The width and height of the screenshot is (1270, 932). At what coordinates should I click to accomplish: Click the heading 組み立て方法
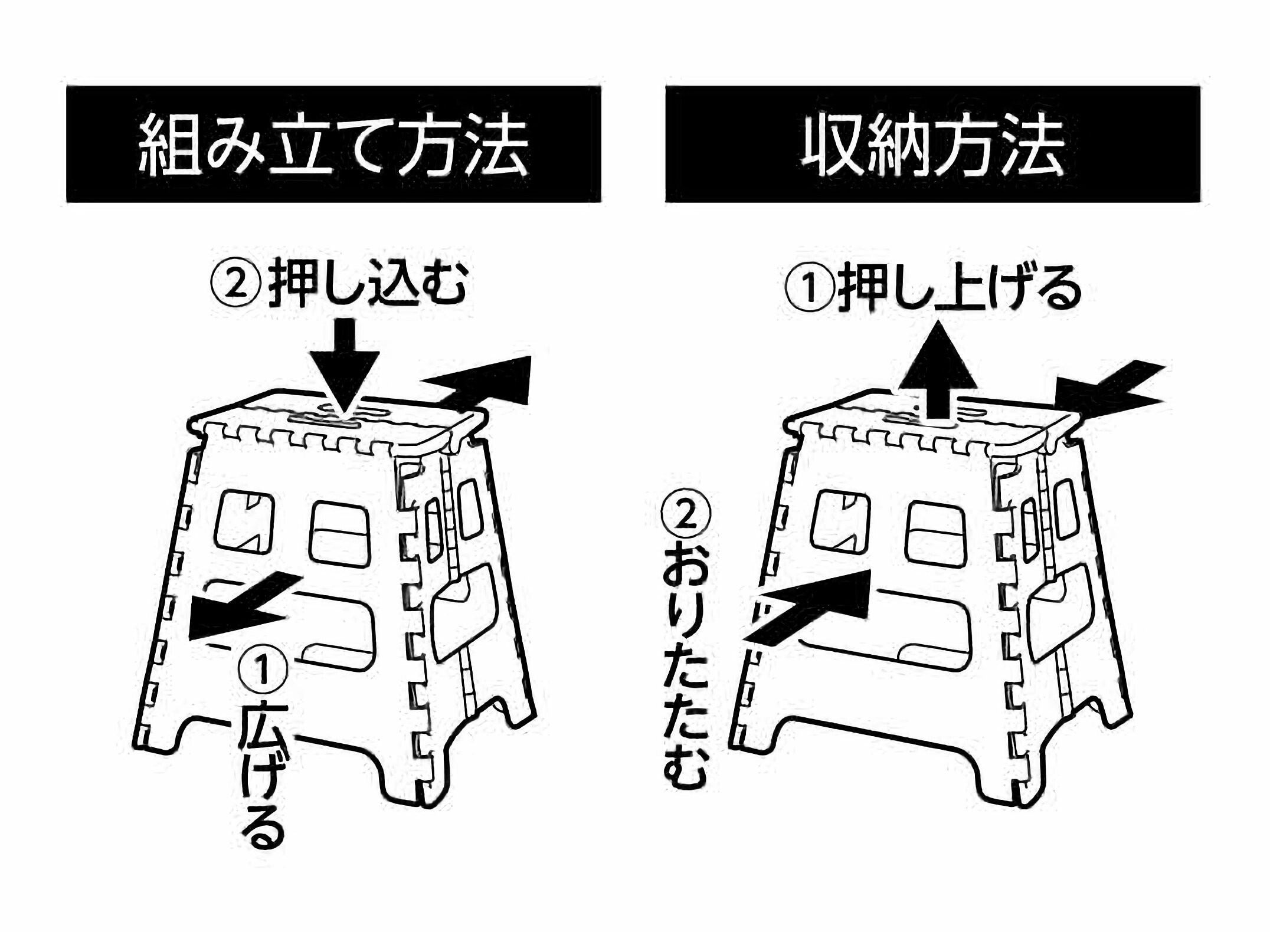click(x=333, y=145)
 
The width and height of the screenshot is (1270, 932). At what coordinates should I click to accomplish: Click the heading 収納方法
click(x=932, y=145)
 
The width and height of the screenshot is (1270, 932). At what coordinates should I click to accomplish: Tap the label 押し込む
click(x=368, y=285)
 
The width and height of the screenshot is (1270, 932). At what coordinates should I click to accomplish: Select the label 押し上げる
click(x=960, y=288)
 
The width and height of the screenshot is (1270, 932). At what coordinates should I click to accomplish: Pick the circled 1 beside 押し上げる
click(x=810, y=288)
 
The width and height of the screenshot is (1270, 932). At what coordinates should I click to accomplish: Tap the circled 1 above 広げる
click(x=263, y=670)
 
